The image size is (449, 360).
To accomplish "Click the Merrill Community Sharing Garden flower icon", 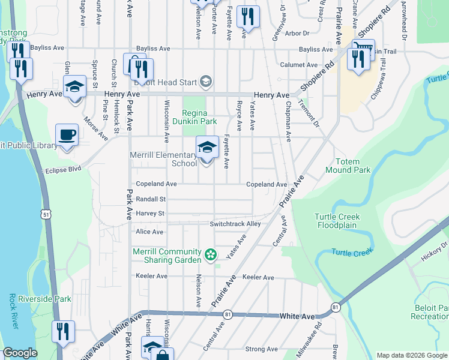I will tap(210, 255).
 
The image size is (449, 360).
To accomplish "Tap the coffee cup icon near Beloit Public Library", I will tap(67, 135).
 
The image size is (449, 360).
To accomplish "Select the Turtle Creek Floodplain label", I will tap(337, 221).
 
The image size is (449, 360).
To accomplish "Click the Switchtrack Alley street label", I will tap(235, 224).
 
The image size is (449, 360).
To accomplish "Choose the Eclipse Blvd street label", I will tap(63, 170).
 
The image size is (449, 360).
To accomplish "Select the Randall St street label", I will tap(150, 199).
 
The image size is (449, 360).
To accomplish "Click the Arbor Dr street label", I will tap(297, 34).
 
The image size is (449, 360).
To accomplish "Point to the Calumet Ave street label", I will tap(298, 65).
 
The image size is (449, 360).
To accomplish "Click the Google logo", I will tap(20, 353).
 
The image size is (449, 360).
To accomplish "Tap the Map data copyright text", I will tap(411, 355).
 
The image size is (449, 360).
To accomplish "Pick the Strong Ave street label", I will tap(261, 349).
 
